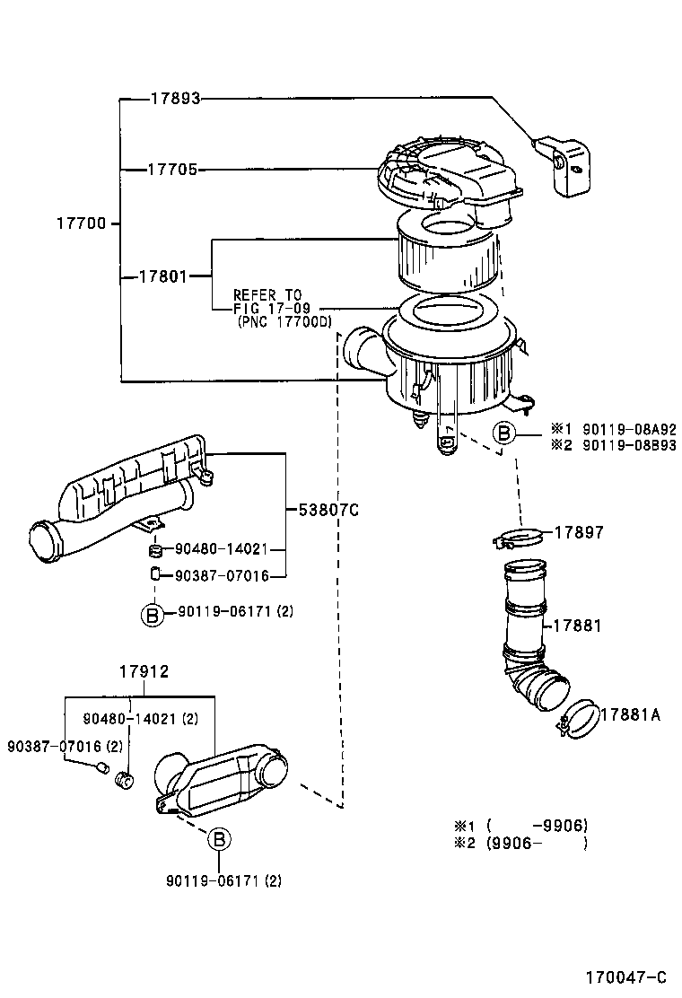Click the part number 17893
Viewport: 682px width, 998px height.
(175, 99)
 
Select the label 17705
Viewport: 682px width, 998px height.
(172, 169)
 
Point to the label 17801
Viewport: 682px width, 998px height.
(163, 276)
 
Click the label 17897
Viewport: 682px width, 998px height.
(578, 532)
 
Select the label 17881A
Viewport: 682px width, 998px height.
(630, 714)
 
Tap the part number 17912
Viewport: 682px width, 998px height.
(144, 670)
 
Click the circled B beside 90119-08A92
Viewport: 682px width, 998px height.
(504, 434)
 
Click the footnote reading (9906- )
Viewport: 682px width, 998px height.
(536, 843)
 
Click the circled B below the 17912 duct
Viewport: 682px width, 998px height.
(220, 840)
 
